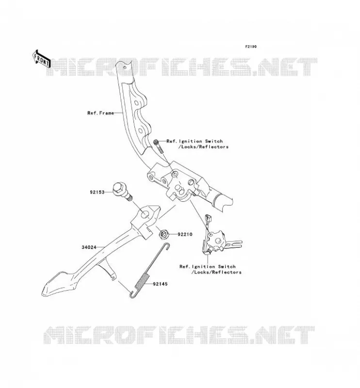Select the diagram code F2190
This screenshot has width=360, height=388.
tap(251, 47)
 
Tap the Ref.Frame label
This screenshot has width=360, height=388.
tap(100, 113)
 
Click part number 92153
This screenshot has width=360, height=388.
tap(97, 192)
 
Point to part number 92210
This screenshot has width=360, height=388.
tap(185, 234)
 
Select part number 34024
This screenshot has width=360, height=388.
tap(89, 247)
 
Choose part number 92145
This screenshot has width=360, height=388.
tap(160, 284)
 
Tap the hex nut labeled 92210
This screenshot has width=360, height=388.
tap(164, 234)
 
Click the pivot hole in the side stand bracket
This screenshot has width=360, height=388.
tap(145, 214)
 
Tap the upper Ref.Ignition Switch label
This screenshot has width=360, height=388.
tap(197, 144)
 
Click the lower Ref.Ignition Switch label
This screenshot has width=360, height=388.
tap(211, 270)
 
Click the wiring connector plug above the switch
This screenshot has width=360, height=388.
tap(208, 219)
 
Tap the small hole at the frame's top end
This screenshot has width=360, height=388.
tap(125, 67)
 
